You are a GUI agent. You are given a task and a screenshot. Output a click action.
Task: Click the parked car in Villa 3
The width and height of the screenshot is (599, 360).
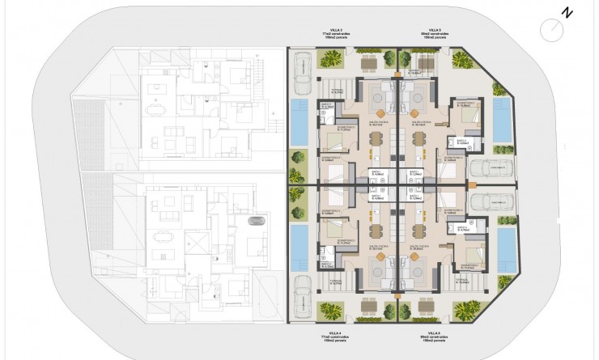[302, 64]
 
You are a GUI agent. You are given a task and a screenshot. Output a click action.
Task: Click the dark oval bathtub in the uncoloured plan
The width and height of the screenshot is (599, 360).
[255, 221]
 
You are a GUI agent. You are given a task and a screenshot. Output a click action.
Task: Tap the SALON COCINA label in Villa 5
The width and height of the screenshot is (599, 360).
[419, 123]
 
